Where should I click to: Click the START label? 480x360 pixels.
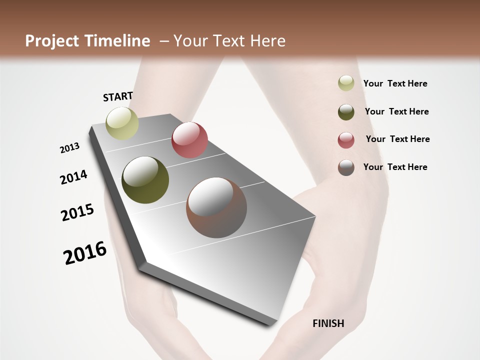click(x=118, y=96)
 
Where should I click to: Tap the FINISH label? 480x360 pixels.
click(x=328, y=323)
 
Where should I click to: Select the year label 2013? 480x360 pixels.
click(x=69, y=148)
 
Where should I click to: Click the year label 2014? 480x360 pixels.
click(x=73, y=177)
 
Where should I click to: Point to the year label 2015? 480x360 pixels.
click(x=77, y=212)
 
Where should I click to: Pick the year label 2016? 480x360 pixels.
click(x=85, y=253)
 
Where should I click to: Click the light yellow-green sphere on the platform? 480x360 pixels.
click(x=122, y=123)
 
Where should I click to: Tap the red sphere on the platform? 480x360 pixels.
click(x=189, y=140)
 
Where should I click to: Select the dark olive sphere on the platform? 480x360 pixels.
click(x=145, y=180)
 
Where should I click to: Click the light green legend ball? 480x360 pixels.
click(x=346, y=83)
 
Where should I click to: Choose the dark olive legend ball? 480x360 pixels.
click(x=346, y=112)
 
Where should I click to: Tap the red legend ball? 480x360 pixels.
click(x=346, y=140)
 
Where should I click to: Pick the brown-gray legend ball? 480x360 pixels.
click(x=346, y=167)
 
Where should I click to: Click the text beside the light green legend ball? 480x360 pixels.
click(x=395, y=83)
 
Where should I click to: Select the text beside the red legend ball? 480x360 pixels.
click(x=397, y=139)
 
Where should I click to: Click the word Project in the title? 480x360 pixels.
click(x=52, y=41)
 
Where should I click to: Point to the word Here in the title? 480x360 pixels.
click(x=267, y=41)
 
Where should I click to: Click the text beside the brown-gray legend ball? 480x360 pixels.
click(x=395, y=167)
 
